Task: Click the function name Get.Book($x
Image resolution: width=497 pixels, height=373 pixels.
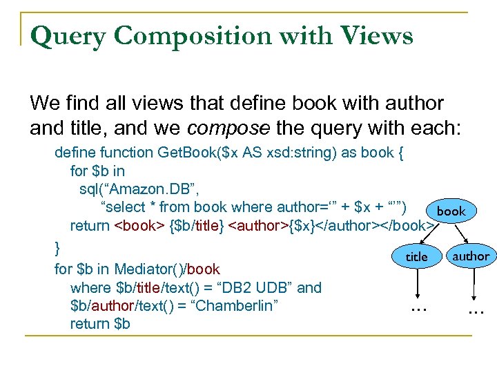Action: point(192,151)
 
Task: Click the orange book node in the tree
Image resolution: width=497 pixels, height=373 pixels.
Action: point(451,211)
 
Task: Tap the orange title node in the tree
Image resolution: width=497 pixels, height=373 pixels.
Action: point(416,256)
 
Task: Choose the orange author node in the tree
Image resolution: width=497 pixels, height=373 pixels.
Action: point(470,256)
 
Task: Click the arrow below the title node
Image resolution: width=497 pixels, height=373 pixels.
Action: point(416,283)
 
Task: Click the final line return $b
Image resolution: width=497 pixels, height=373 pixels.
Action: point(100,323)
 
